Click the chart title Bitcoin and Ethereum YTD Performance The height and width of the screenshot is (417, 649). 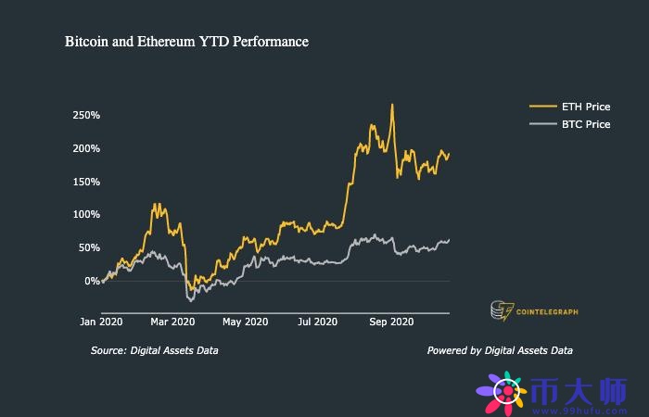tap(186, 42)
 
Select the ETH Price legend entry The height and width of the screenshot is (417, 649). tap(585, 107)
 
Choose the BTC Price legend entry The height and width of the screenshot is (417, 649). tap(585, 124)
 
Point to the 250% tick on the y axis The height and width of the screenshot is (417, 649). tap(85, 115)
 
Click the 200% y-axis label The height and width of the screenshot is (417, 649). tap(85, 148)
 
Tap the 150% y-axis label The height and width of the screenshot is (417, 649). tap(85, 181)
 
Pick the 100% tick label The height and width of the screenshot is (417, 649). tap(85, 214)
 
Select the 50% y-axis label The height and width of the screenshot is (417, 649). tap(87, 247)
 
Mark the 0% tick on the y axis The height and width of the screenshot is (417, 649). tap(90, 281)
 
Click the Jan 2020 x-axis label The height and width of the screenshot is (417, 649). tap(101, 322)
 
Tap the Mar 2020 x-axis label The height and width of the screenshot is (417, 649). tap(173, 322)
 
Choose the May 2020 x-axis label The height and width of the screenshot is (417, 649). tap(246, 322)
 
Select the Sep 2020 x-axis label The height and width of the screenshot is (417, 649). tap(391, 322)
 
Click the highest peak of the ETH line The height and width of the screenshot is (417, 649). tap(392, 105)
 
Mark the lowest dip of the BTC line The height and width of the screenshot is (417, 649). tap(191, 300)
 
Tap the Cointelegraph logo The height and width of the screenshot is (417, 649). tap(533, 311)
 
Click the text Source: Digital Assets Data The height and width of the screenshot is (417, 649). tap(155, 350)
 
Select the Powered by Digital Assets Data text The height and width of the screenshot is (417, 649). tap(500, 350)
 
